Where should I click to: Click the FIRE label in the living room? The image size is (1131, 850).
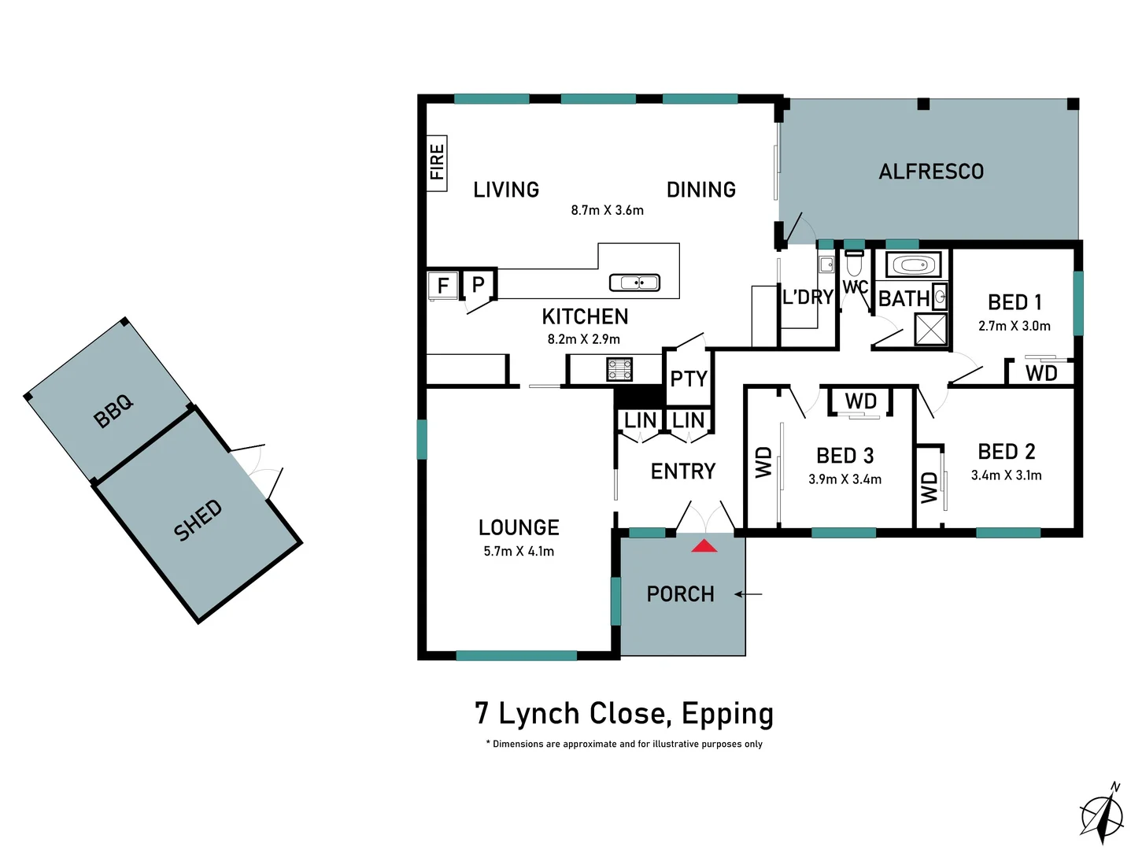437,162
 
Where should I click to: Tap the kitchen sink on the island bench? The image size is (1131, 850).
634,283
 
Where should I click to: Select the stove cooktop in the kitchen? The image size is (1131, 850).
619,369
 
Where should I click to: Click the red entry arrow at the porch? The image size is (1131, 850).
704,545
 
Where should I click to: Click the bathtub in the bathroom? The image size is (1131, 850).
913,265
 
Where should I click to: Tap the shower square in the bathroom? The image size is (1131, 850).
930,329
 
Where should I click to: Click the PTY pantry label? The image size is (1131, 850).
689,379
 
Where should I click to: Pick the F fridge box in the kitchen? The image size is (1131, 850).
442,285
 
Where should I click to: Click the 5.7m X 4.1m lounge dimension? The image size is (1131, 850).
519,552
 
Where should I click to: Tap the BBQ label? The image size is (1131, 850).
114,411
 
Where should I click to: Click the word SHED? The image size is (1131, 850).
198,520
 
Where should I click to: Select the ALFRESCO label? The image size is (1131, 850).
931,172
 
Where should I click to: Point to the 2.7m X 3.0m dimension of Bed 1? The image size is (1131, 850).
1014,326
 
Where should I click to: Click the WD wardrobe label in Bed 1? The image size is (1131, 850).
1040,373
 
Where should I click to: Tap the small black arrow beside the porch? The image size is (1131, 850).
748,594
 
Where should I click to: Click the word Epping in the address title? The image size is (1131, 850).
727,714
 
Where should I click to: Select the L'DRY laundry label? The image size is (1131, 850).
808,297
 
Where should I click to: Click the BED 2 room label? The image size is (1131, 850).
1006,452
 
